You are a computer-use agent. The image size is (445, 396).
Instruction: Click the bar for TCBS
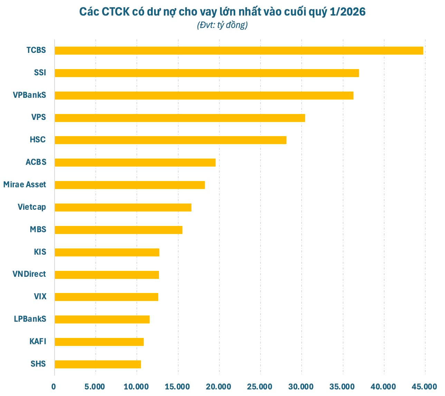[239, 50]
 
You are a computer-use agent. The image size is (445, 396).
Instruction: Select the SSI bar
[207, 73]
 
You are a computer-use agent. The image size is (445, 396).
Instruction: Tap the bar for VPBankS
[204, 95]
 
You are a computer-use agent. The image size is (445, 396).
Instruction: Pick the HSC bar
[170, 140]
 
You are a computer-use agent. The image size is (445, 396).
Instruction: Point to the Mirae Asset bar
[130, 185]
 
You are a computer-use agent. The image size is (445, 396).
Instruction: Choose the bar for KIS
[107, 252]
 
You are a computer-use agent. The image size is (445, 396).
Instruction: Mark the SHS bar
[98, 364]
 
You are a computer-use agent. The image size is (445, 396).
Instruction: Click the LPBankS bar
[102, 319]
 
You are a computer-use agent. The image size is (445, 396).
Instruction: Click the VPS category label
[38, 117]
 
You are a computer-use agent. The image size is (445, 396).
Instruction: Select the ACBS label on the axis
[36, 162]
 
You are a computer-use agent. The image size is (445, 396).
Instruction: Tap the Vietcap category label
[32, 207]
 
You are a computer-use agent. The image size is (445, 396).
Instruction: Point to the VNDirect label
[29, 274]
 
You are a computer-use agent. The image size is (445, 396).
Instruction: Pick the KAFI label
[38, 341]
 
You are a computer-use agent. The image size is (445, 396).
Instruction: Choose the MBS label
[38, 229]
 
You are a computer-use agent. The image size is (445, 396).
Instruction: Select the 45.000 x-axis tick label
[425, 386]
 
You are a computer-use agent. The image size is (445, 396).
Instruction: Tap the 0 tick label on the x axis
[54, 386]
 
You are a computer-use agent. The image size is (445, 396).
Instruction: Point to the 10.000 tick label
[136, 386]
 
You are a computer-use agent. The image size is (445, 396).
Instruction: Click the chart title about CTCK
[222, 12]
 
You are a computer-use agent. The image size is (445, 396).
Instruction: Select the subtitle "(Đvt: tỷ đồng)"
[222, 25]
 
